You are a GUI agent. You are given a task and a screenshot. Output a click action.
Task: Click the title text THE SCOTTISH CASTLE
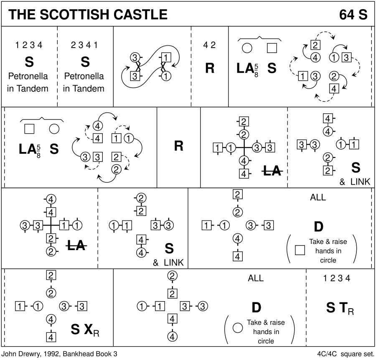point(88,15)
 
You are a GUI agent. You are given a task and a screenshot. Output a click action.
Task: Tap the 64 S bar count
point(353,15)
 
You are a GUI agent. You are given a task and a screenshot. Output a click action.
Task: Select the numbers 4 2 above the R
point(209,45)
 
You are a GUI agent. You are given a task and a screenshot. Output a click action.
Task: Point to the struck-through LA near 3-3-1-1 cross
point(76,246)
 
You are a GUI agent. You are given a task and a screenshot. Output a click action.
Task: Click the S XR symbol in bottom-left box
point(85,330)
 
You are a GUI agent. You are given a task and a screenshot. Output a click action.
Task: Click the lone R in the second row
point(178,146)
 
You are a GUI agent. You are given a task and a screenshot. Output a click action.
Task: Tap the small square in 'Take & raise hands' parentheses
point(299,250)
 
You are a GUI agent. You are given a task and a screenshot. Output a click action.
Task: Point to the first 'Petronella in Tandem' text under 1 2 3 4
point(29,82)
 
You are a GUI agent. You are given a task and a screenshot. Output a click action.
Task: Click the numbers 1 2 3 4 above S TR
point(336,279)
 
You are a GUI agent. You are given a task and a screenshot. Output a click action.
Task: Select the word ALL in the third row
point(318,198)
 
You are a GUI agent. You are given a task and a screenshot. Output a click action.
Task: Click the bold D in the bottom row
point(256,308)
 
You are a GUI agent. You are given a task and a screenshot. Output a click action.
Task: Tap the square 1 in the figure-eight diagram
point(166,57)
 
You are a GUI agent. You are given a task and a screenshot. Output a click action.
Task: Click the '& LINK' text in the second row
point(355,182)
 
